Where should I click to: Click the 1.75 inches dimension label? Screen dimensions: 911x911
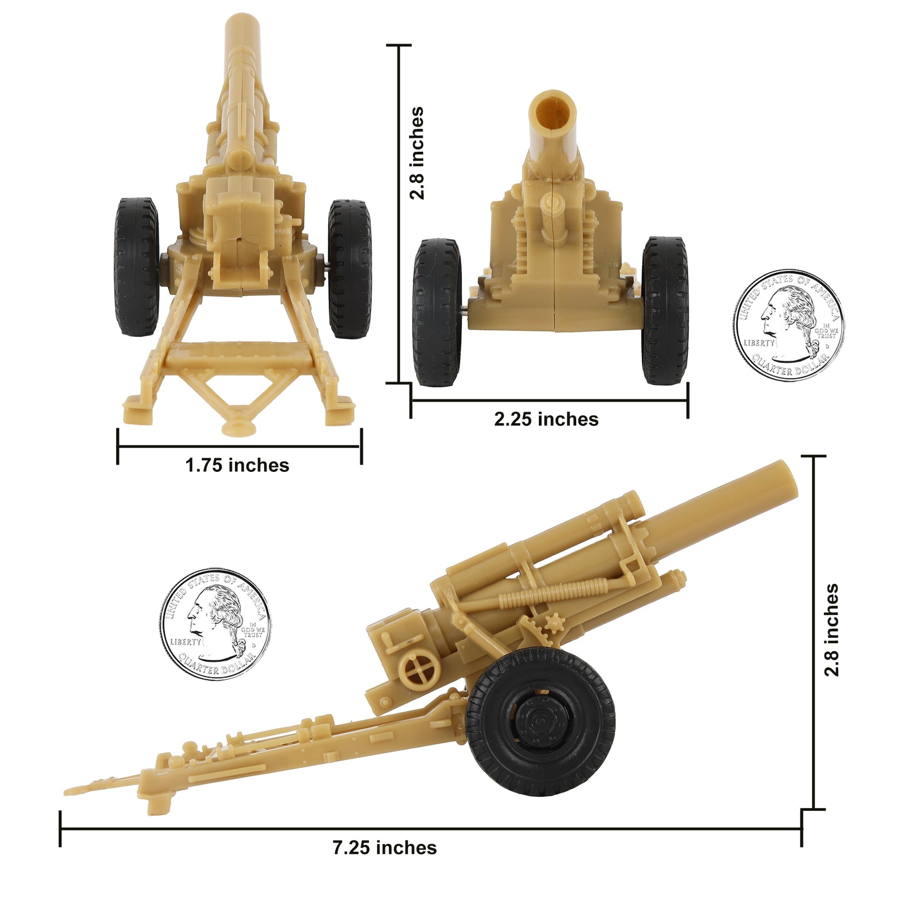pos(237,466)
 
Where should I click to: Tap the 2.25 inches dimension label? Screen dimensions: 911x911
pos(546,419)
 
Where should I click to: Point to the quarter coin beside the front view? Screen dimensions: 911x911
pos(788,326)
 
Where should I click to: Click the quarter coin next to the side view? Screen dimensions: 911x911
pos(216,624)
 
